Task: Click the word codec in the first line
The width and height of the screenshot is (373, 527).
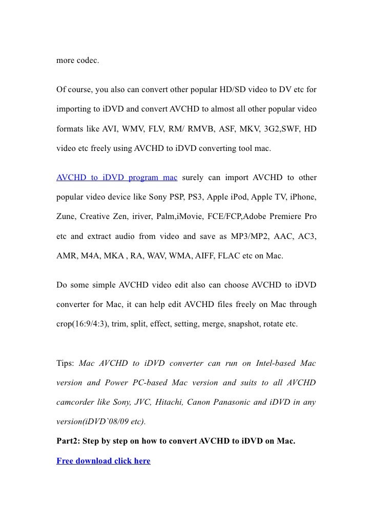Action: pos(88,61)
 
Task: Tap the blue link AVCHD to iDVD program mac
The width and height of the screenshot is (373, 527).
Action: pos(117,178)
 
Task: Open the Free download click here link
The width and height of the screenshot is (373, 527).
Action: pos(103,460)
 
